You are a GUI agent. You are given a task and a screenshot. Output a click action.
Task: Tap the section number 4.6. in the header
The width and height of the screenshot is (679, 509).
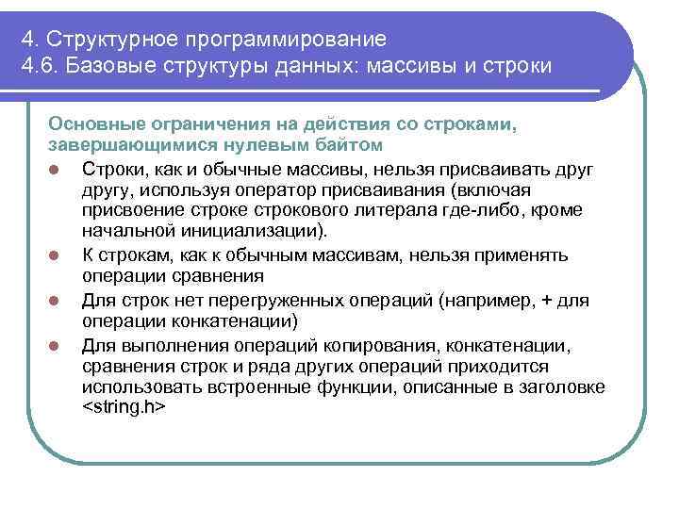pos(39,68)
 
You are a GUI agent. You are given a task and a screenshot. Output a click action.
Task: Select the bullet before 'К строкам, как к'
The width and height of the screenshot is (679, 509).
pos(57,255)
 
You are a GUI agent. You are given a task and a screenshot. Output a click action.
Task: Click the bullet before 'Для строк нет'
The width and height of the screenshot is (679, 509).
pos(57,301)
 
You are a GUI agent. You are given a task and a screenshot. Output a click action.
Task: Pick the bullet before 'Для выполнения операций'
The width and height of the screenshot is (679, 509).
pos(57,344)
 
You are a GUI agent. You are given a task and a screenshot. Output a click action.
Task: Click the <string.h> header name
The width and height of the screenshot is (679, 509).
pos(124,407)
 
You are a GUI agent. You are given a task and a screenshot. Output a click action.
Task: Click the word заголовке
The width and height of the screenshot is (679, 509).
pos(560,387)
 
